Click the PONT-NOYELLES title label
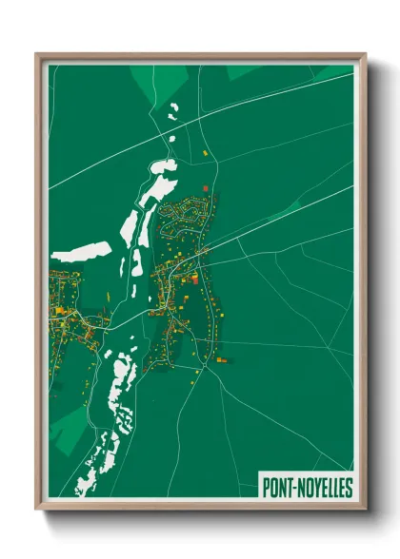307,488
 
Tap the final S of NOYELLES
349,488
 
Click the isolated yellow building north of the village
205,152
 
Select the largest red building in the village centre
195,279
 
